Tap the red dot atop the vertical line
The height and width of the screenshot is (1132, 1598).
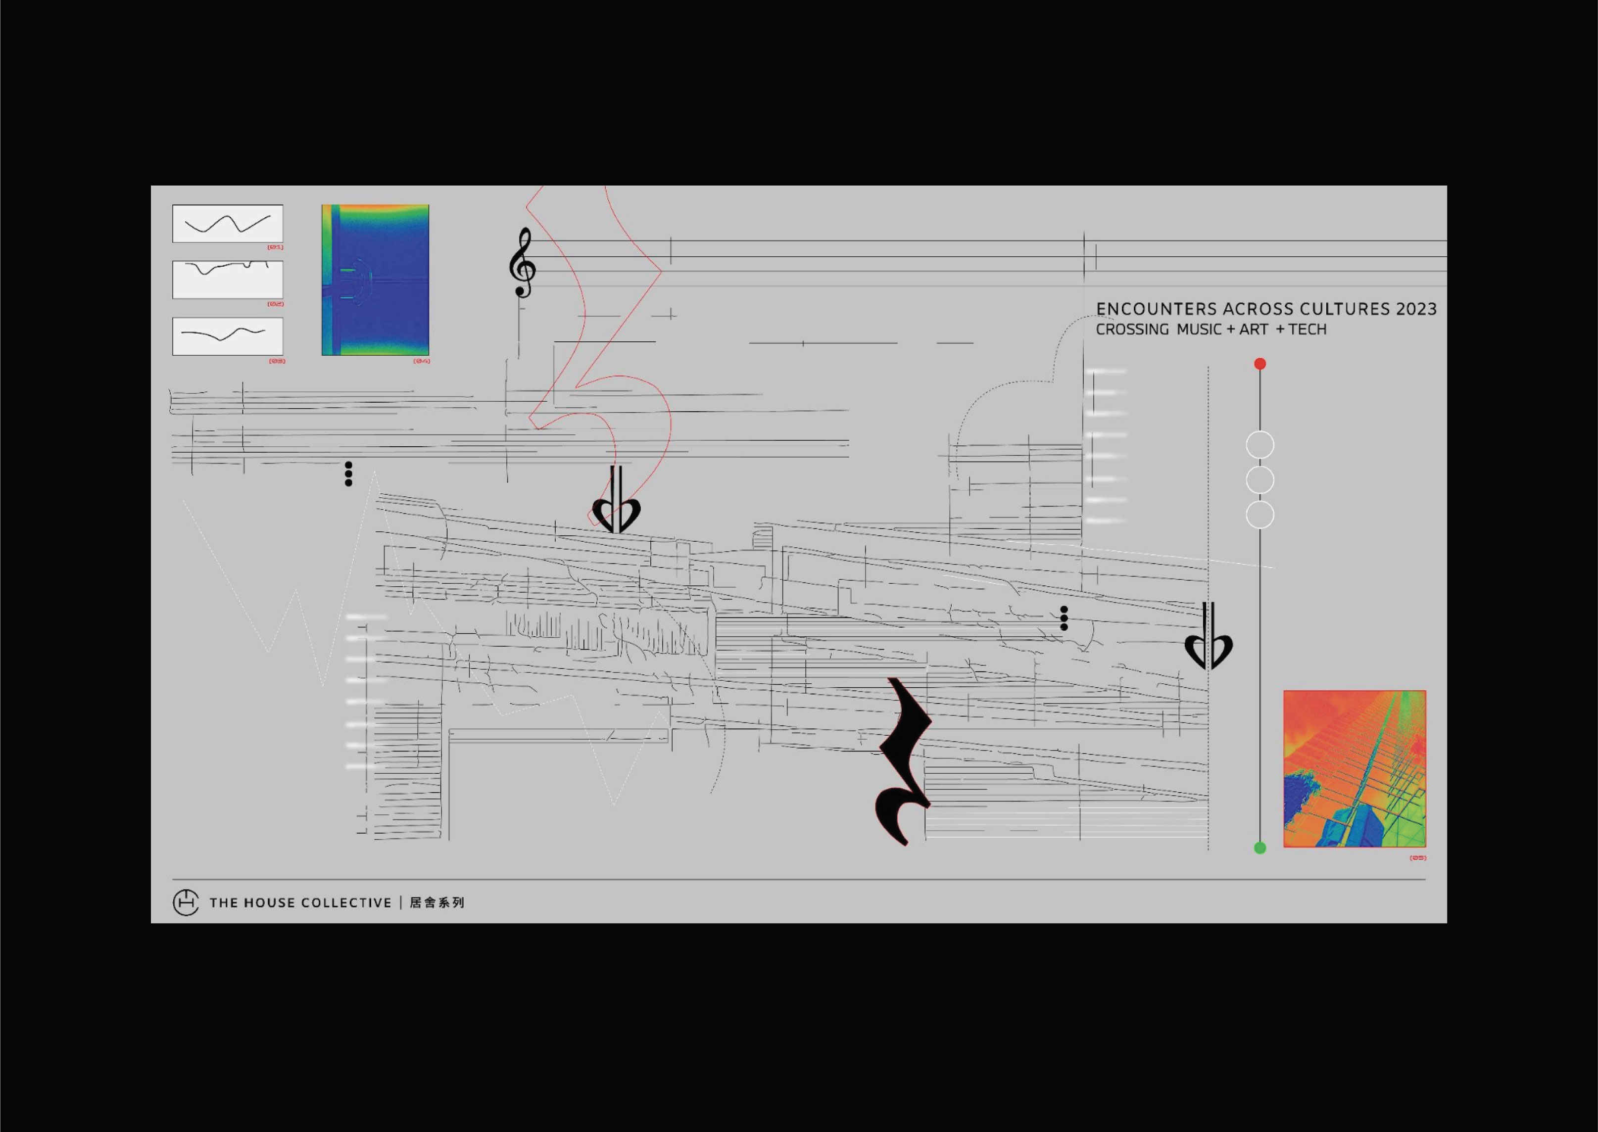click(x=1260, y=364)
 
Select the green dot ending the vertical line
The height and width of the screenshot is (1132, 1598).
click(x=1260, y=848)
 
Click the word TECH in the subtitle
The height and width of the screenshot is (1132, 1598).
click(x=1307, y=330)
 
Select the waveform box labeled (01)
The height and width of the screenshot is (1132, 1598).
click(x=228, y=224)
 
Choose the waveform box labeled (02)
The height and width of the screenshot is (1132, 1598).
click(x=228, y=280)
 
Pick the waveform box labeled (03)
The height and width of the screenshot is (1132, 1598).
click(x=228, y=336)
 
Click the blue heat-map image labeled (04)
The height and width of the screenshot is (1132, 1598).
click(x=375, y=280)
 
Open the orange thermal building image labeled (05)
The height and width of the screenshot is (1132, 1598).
click(x=1355, y=769)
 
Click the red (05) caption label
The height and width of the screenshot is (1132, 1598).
click(x=1417, y=857)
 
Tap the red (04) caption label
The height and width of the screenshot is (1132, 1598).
click(x=421, y=361)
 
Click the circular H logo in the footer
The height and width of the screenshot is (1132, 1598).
click(x=186, y=902)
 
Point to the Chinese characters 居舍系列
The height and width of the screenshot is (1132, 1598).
click(x=436, y=902)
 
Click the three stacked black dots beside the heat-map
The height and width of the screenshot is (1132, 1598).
click(x=348, y=473)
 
